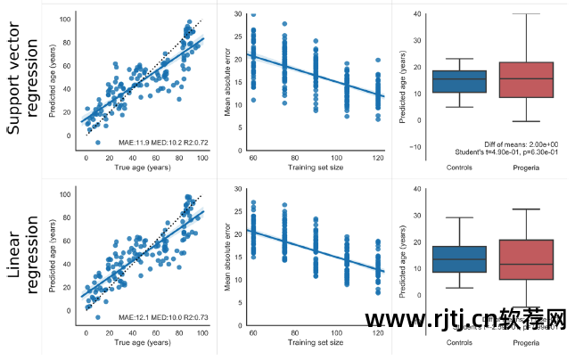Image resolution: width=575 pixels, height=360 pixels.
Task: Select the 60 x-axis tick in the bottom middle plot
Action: tap(253, 332)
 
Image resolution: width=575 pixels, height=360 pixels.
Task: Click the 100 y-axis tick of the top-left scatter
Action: tap(65, 18)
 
